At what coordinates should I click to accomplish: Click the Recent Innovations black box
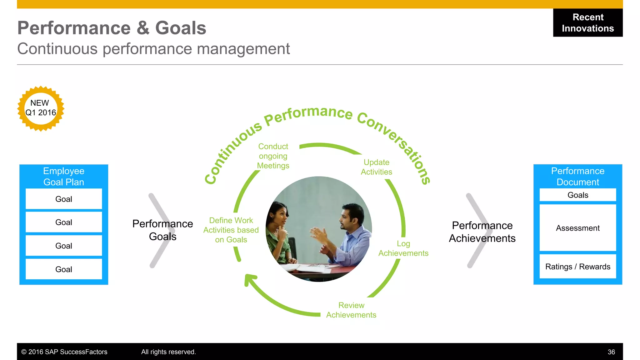[x=587, y=23]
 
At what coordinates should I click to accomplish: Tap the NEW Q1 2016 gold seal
[x=41, y=108]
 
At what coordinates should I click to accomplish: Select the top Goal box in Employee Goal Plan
[x=64, y=199]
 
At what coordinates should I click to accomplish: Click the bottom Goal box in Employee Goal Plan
[x=64, y=269]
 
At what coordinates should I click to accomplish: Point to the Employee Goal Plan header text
[x=64, y=177]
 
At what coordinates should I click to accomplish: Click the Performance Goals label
[x=162, y=230]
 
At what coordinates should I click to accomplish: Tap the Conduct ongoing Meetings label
[x=273, y=156]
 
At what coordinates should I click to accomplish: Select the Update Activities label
[x=376, y=167]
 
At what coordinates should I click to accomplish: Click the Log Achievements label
[x=403, y=248]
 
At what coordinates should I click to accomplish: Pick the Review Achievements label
[x=351, y=310]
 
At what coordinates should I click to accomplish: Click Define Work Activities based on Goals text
[x=231, y=230]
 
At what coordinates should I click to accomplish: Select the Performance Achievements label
[x=482, y=232]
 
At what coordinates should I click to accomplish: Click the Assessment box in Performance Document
[x=577, y=228]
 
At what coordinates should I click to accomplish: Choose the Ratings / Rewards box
[x=577, y=267]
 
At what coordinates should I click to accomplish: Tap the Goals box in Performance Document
[x=577, y=195]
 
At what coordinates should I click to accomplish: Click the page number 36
[x=611, y=352]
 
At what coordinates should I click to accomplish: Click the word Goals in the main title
[x=181, y=28]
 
